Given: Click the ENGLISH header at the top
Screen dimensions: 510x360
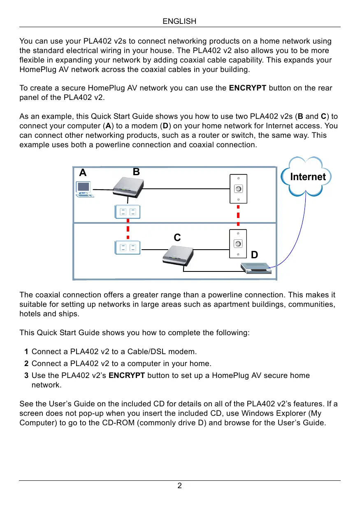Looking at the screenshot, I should tap(179, 21).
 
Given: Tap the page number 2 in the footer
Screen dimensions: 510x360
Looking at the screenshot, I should tap(179, 486).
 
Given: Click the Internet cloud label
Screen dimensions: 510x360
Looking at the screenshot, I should tap(308, 177).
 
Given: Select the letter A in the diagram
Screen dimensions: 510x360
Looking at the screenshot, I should tap(83, 173).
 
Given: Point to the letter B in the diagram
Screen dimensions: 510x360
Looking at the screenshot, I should tap(137, 172).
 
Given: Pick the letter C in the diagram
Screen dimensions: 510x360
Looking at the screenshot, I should tap(177, 238).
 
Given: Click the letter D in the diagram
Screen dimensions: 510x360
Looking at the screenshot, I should tap(254, 255).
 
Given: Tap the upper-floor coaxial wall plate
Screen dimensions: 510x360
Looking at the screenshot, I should tap(238, 188).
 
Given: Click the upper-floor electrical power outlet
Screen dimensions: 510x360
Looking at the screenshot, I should tap(128, 212).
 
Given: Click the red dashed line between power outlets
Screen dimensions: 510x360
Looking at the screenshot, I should tap(128, 229).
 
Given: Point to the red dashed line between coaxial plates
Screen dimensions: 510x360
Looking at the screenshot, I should tap(238, 216).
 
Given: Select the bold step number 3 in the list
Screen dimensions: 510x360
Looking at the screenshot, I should tap(26, 376).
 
